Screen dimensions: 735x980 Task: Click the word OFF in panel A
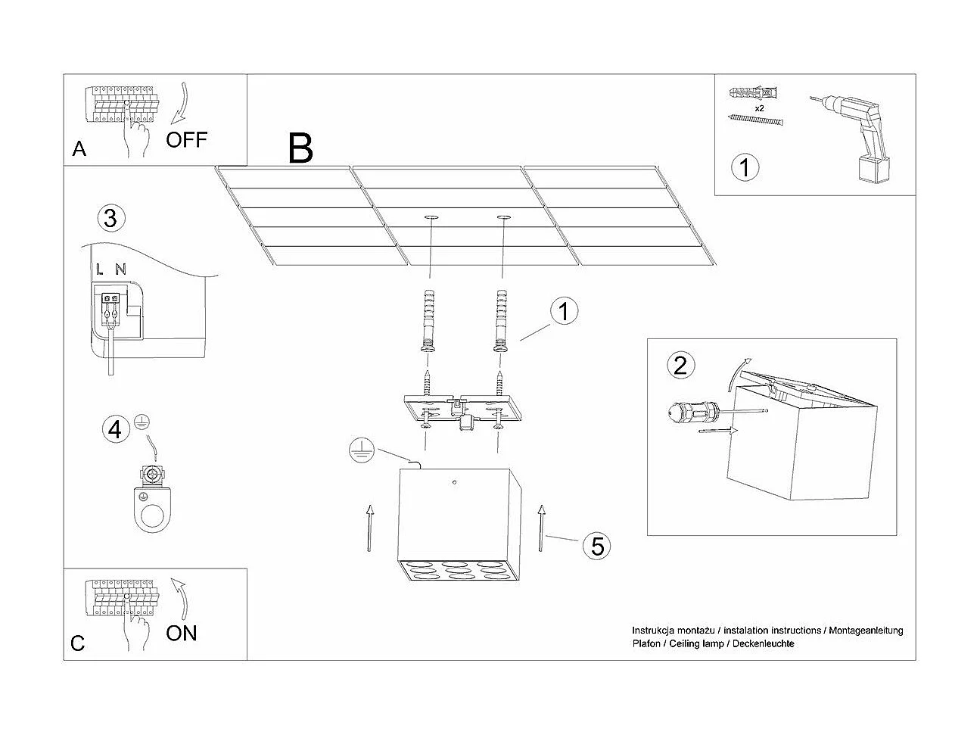pyautogui.click(x=186, y=139)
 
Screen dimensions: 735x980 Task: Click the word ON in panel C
pyautogui.click(x=181, y=633)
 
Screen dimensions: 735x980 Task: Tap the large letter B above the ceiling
pyautogui.click(x=300, y=149)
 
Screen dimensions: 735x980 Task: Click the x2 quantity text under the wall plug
pyautogui.click(x=758, y=108)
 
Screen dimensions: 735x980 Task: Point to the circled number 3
pyautogui.click(x=110, y=218)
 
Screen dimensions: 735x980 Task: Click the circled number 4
pyautogui.click(x=114, y=429)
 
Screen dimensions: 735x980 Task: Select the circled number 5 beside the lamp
pyautogui.click(x=597, y=545)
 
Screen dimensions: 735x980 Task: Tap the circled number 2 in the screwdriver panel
pyautogui.click(x=680, y=366)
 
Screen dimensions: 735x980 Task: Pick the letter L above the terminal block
pyautogui.click(x=100, y=268)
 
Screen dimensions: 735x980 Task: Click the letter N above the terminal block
pyautogui.click(x=120, y=268)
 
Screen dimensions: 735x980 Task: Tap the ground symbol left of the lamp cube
pyautogui.click(x=361, y=451)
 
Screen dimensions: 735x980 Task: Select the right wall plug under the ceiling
pyautogui.click(x=501, y=318)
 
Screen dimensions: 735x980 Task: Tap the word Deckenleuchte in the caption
pyautogui.click(x=763, y=644)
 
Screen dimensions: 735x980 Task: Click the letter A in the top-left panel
pyautogui.click(x=79, y=149)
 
